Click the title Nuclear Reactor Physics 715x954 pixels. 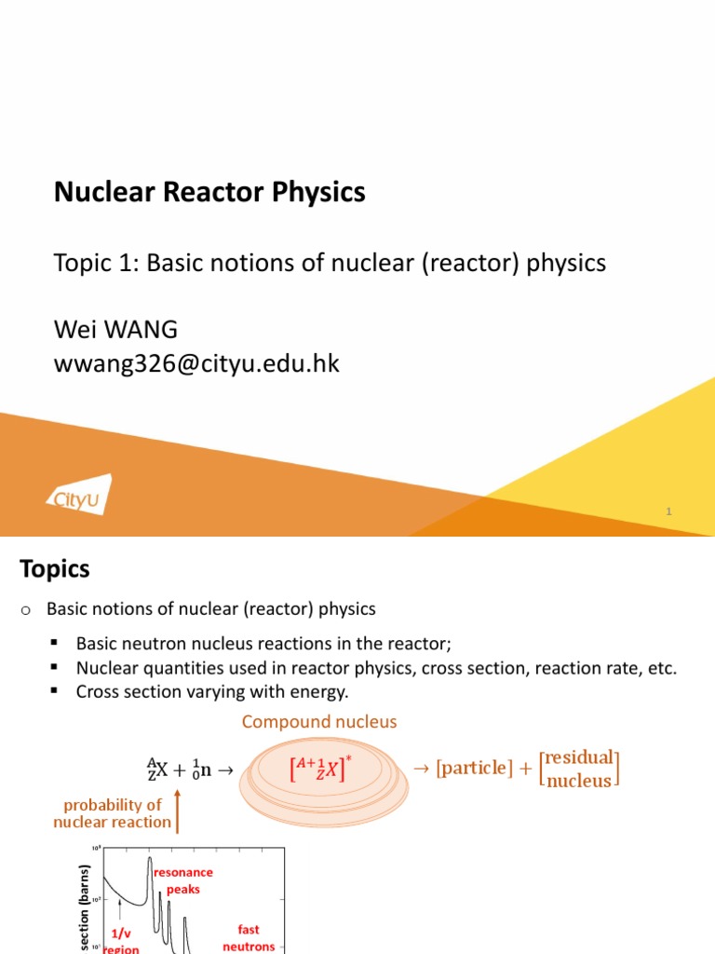209,193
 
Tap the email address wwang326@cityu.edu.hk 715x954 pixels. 197,363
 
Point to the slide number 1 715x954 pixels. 668,511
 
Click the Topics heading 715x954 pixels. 55,568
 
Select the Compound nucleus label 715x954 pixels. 319,722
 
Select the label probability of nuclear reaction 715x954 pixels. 113,813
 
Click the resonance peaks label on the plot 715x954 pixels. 183,880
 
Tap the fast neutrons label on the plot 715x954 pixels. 249,936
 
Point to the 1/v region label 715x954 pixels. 121,940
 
